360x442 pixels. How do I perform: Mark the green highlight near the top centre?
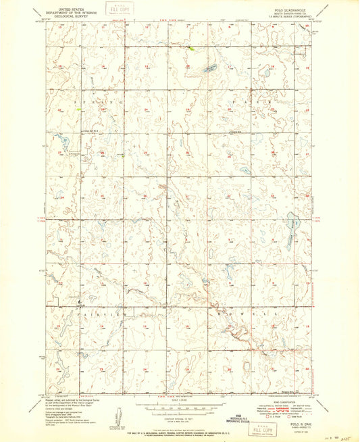pyautogui.click(x=190, y=49)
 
